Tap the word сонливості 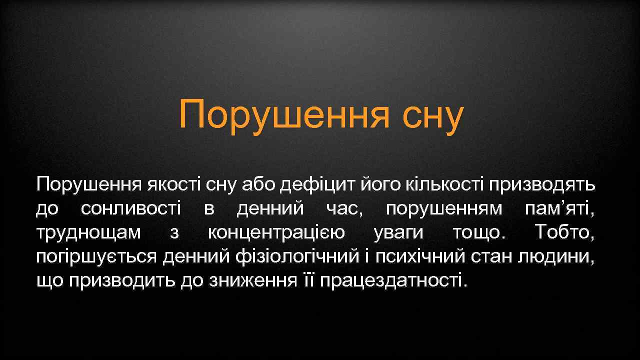[x=131, y=209]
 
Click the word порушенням [x=444, y=209]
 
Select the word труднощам [x=88, y=233]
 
